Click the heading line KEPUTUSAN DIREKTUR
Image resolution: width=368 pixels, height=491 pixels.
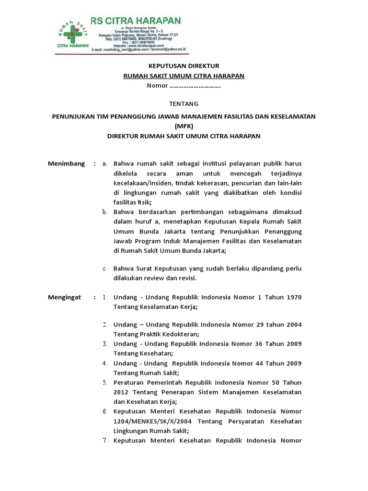pyautogui.click(x=184, y=66)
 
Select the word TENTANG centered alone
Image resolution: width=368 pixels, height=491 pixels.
pyautogui.click(x=184, y=104)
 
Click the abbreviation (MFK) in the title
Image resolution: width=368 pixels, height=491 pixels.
pyautogui.click(x=184, y=126)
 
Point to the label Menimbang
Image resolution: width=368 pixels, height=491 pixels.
pyautogui.click(x=66, y=164)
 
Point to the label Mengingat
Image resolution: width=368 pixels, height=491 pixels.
pyautogui.click(x=66, y=297)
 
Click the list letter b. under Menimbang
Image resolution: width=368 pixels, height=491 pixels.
pyautogui.click(x=105, y=211)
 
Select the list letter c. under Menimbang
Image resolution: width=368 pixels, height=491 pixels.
pyautogui.click(x=104, y=269)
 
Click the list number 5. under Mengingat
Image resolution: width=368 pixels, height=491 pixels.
pyautogui.click(x=105, y=382)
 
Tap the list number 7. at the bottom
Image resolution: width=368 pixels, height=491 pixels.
pyautogui.click(x=105, y=441)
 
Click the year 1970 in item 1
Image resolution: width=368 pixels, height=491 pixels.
pyautogui.click(x=294, y=297)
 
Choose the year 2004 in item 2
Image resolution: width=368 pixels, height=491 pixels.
pyautogui.click(x=293, y=325)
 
